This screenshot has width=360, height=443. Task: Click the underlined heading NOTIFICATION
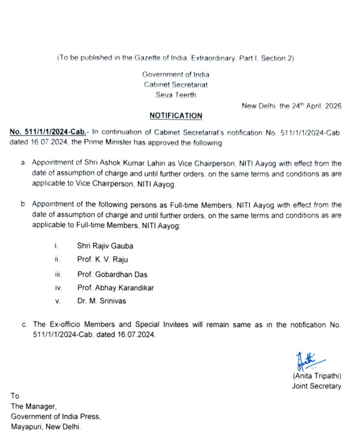(x=176, y=116)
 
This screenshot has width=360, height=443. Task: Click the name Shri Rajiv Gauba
(x=105, y=246)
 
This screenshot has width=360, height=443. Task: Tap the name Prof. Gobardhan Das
(x=112, y=275)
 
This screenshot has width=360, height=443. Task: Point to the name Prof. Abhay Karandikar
(x=115, y=288)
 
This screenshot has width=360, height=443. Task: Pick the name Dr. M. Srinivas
(x=101, y=302)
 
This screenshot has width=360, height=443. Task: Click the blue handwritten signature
(x=307, y=360)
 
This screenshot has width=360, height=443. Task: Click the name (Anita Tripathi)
(x=316, y=375)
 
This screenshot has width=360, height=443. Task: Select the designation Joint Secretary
(x=316, y=386)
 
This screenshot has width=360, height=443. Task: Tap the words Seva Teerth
(x=176, y=95)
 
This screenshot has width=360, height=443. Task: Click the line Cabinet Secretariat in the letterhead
(x=176, y=85)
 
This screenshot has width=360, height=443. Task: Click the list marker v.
(x=57, y=302)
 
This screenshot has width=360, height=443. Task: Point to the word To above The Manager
(x=15, y=396)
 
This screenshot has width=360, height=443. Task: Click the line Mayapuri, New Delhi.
(x=46, y=427)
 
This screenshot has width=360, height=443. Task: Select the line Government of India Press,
(x=56, y=416)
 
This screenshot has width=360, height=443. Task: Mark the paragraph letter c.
(x=24, y=325)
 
